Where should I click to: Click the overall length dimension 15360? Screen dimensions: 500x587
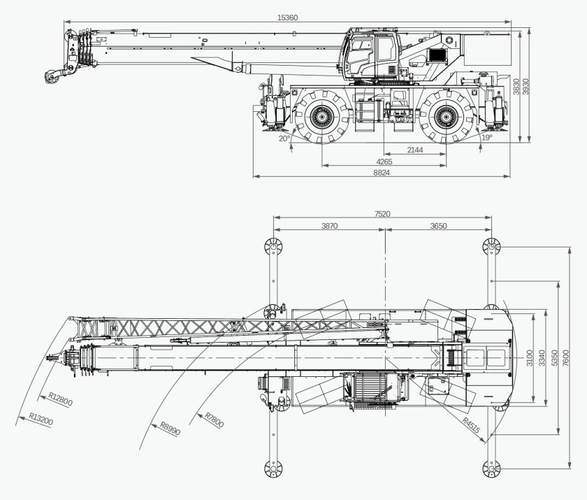click(x=287, y=17)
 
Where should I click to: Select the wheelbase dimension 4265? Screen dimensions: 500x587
click(x=384, y=162)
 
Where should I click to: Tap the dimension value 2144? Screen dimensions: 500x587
click(x=415, y=150)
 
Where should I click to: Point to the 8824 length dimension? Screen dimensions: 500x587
click(x=382, y=172)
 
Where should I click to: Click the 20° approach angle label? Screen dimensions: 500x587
click(x=284, y=138)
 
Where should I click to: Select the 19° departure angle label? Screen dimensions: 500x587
click(x=486, y=138)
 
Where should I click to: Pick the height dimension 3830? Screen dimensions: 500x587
click(x=517, y=86)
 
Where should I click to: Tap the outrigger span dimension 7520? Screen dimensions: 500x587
click(x=382, y=214)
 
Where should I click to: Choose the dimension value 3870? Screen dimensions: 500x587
click(x=329, y=226)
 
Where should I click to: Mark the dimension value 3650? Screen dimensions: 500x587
click(x=438, y=226)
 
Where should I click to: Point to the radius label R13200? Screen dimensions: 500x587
click(x=41, y=420)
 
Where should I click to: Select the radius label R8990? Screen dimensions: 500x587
click(x=170, y=429)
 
